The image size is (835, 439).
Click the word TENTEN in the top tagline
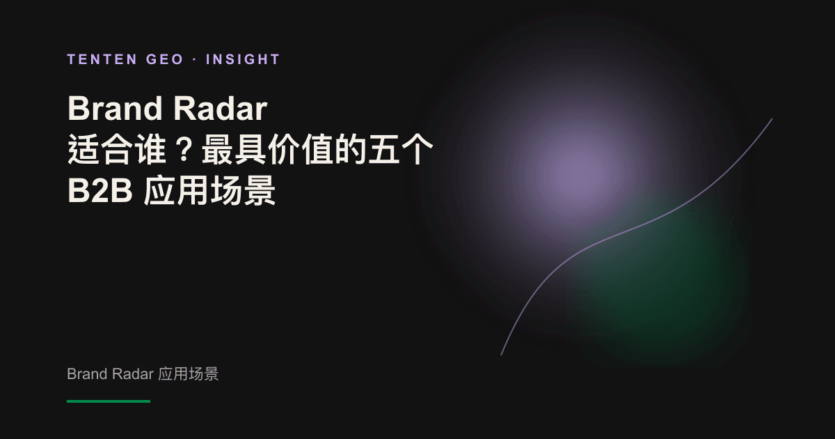(102, 59)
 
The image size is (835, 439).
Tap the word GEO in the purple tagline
(165, 59)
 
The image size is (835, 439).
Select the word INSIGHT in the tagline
(243, 59)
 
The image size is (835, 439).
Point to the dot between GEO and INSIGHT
(195, 60)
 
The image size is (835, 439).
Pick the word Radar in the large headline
(221, 108)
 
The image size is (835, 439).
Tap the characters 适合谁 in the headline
(117, 150)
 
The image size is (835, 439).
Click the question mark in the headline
(184, 150)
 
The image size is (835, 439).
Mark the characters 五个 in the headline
(400, 150)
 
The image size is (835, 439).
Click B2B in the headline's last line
(100, 190)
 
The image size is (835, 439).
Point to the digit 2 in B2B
(100, 190)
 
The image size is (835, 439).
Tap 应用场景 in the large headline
(209, 191)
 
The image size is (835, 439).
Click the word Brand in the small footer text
(87, 373)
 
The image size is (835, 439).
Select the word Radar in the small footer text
(133, 373)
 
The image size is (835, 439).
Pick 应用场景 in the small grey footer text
(189, 373)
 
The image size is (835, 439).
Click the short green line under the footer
(109, 401)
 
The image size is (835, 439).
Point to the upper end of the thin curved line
(772, 119)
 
